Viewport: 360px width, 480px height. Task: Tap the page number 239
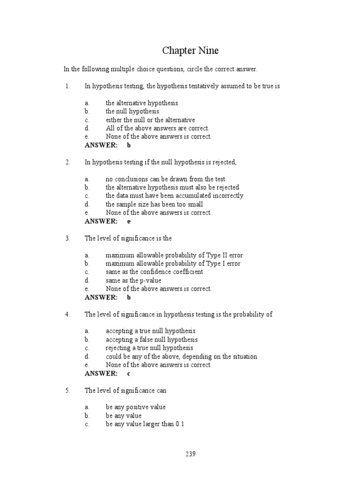pyautogui.click(x=190, y=454)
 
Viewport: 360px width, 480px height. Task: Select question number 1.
pyautogui.click(x=67, y=86)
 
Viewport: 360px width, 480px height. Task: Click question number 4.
pyautogui.click(x=67, y=314)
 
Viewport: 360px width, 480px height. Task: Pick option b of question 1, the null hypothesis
pyautogui.click(x=132, y=112)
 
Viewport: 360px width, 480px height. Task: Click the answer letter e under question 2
pyautogui.click(x=129, y=221)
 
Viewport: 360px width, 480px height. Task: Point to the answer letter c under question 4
pyautogui.click(x=129, y=374)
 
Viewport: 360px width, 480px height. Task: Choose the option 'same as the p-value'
pyautogui.click(x=133, y=280)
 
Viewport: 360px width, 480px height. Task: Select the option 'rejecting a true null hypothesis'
pyautogui.click(x=149, y=348)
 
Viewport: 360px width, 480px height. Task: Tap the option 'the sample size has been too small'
pyautogui.click(x=154, y=204)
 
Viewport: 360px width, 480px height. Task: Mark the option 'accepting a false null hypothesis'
pyautogui.click(x=151, y=339)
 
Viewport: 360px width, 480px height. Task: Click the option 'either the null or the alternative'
pyautogui.click(x=150, y=120)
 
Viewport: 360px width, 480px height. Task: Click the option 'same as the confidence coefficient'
pyautogui.click(x=154, y=272)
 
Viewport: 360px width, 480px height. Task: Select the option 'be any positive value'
pyautogui.click(x=135, y=407)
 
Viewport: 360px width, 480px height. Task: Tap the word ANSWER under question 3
pyautogui.click(x=101, y=297)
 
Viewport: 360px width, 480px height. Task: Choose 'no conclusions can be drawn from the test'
pyautogui.click(x=165, y=179)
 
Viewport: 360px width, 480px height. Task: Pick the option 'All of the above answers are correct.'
pyautogui.click(x=157, y=128)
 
